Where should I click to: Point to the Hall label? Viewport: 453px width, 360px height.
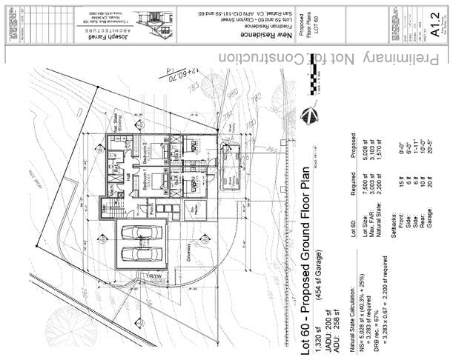(x=130, y=179)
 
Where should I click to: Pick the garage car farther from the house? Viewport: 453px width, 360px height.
(x=142, y=253)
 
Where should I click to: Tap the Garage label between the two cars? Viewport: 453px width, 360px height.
(x=142, y=242)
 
